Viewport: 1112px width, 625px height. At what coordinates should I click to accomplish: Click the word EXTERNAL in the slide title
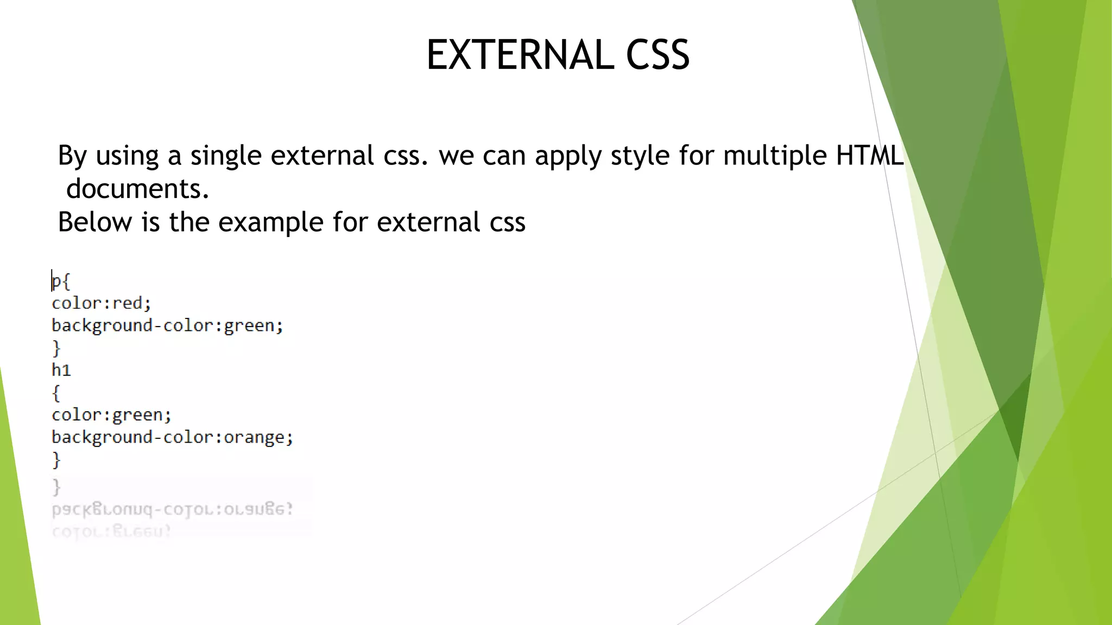point(520,55)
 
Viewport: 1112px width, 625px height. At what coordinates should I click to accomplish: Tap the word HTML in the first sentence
point(869,155)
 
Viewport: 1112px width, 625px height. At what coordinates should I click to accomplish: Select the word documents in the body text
point(137,189)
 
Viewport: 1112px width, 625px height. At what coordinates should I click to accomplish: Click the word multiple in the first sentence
point(775,155)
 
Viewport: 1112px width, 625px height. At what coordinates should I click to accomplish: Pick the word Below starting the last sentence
point(95,222)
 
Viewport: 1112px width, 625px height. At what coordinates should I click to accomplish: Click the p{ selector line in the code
point(61,282)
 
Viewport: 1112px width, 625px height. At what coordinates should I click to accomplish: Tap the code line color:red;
point(102,303)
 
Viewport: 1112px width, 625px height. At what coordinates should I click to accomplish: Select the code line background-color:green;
point(167,326)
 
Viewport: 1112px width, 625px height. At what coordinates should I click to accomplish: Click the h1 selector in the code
point(61,370)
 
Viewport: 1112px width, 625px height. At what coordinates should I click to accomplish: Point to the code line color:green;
point(111,415)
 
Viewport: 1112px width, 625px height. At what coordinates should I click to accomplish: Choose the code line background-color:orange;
point(172,437)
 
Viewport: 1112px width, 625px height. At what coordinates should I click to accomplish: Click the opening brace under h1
point(56,393)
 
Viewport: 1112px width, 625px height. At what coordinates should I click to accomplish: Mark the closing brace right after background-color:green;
point(56,348)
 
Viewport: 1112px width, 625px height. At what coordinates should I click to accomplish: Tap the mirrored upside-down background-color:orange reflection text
point(172,509)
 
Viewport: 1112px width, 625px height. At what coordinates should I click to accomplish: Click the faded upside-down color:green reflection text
point(111,531)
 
